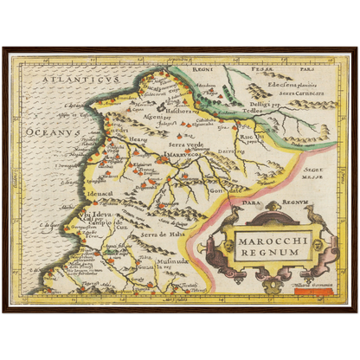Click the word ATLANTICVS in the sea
[70, 80]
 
